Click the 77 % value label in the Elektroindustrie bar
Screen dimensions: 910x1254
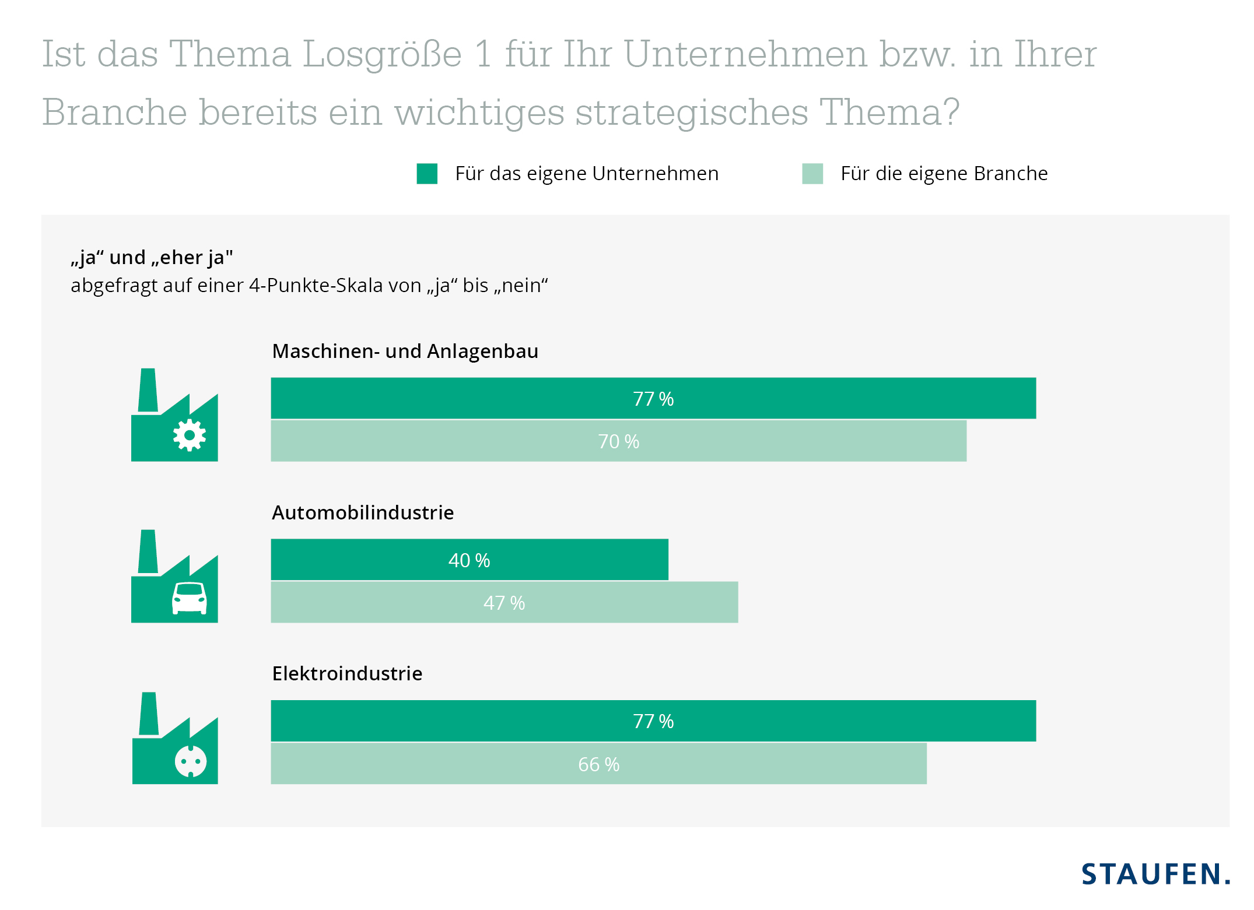point(653,722)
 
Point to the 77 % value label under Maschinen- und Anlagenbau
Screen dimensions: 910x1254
point(653,399)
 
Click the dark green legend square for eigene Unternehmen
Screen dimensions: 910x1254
point(427,174)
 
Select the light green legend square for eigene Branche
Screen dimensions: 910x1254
point(812,174)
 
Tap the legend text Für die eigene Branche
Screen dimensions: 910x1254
point(944,174)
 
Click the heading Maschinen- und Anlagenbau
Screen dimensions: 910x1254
point(405,352)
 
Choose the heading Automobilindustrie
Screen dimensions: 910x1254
point(362,512)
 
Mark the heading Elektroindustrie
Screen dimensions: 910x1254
point(347,674)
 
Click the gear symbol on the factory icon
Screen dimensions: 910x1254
point(189,435)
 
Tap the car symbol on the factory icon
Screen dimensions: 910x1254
point(189,598)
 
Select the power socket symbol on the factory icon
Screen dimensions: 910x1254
point(191,761)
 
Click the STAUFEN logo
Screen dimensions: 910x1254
point(1155,874)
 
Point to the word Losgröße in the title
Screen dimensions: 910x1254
point(382,54)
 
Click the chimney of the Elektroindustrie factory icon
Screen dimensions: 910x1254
point(149,714)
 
